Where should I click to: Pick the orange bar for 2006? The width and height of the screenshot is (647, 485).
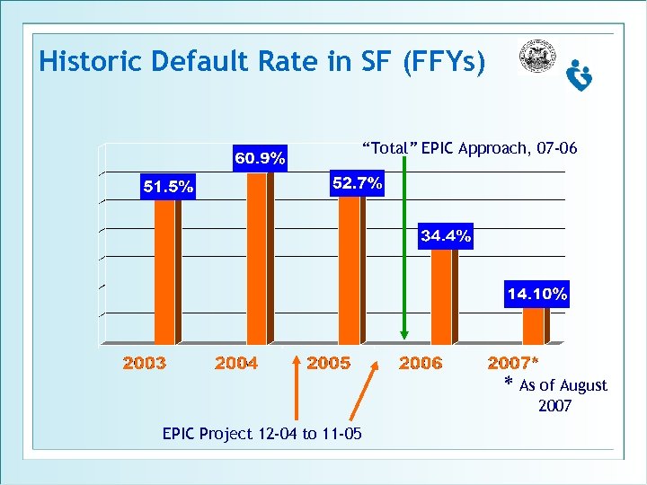pyautogui.click(x=441, y=295)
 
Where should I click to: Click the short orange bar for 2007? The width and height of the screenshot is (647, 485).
pyautogui.click(x=534, y=325)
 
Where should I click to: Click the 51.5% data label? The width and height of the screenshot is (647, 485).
pyautogui.click(x=166, y=187)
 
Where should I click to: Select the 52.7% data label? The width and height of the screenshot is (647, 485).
pyautogui.click(x=357, y=183)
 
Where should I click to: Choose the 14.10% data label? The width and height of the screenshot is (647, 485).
pyautogui.click(x=537, y=294)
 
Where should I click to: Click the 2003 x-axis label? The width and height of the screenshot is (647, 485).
pyautogui.click(x=145, y=363)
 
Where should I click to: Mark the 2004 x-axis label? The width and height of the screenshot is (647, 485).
pyautogui.click(x=236, y=363)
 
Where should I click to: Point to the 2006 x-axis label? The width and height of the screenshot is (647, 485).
pyautogui.click(x=421, y=363)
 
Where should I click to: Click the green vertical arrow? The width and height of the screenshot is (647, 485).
pyautogui.click(x=406, y=242)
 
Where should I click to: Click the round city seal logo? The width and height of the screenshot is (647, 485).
pyautogui.click(x=538, y=57)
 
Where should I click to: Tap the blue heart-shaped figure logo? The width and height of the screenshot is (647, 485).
pyautogui.click(x=580, y=75)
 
